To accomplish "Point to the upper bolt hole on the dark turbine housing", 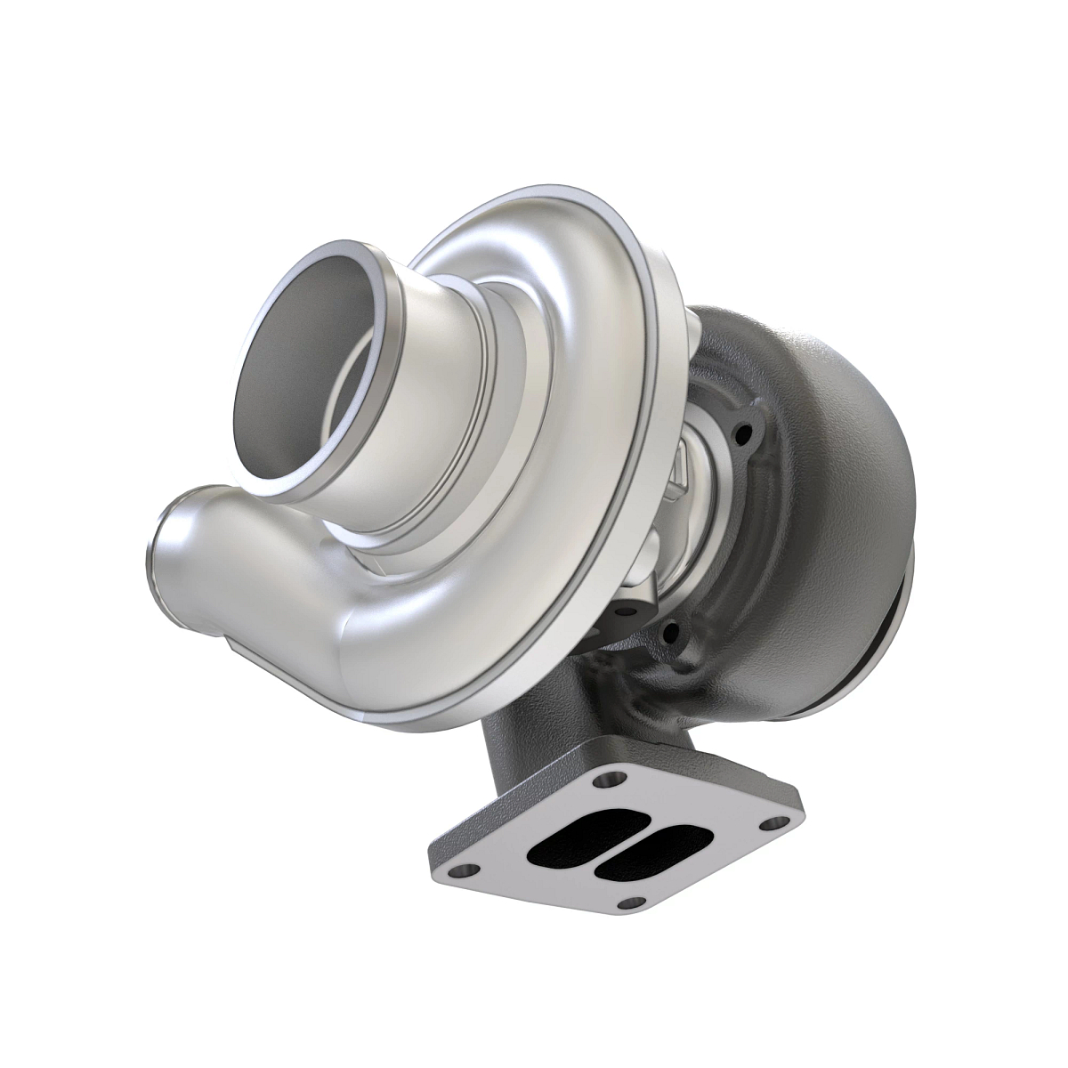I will pos(739,435).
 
